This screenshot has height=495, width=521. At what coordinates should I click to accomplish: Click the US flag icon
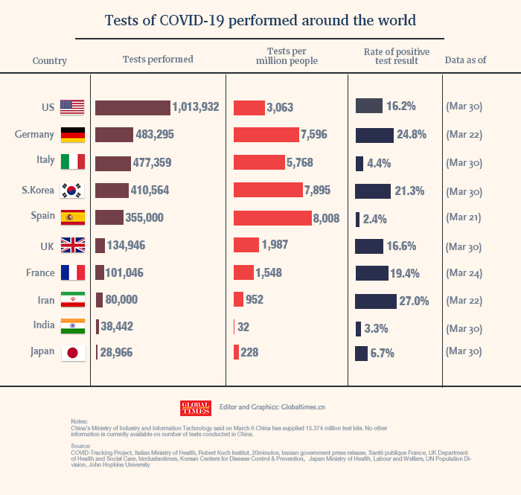72,106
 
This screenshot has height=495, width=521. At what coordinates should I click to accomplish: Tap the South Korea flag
72,191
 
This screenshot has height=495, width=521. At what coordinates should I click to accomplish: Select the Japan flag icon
72,353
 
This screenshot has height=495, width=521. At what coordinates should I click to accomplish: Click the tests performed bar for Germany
114,135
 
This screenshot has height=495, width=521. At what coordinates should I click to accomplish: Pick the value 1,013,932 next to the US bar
196,107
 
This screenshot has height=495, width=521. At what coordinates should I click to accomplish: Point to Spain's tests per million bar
272,218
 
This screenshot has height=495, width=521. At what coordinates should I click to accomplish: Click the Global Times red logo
196,408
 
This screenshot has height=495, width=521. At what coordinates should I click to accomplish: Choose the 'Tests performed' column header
158,60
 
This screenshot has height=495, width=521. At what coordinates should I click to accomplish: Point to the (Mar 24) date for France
464,273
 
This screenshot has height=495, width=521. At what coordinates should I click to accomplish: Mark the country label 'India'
42,325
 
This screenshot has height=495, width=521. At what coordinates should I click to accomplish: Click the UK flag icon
72,246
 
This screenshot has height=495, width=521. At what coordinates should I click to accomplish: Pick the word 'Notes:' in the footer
78,421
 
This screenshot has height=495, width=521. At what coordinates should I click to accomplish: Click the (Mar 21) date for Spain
464,218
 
